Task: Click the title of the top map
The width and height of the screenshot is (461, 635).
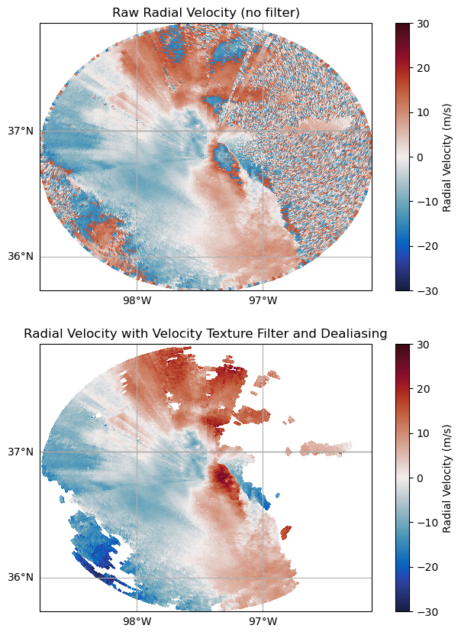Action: [x=206, y=12]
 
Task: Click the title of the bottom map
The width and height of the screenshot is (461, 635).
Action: [x=206, y=333]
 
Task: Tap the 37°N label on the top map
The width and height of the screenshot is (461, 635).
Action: [x=21, y=131]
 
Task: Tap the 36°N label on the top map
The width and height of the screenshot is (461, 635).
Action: [x=21, y=257]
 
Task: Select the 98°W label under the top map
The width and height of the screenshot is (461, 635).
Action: [x=137, y=300]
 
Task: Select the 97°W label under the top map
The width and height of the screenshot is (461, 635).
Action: [x=263, y=300]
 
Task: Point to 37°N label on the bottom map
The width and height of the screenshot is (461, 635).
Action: [x=21, y=452]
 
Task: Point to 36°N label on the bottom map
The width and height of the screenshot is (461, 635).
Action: [x=21, y=578]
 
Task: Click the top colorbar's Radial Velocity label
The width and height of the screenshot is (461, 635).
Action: [x=447, y=157]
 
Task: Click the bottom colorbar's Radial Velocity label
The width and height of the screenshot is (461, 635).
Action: [x=447, y=478]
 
